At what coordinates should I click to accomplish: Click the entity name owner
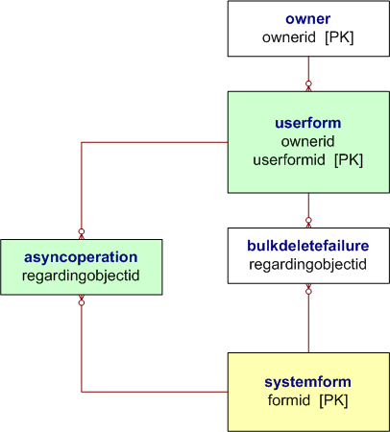coord(308,18)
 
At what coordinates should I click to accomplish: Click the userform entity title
coord(308,124)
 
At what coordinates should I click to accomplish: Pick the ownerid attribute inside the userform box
coord(308,142)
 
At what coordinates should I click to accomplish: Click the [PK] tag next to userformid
coord(347,160)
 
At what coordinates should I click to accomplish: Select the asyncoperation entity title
coord(81,257)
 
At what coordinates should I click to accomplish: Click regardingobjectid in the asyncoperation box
coord(81,276)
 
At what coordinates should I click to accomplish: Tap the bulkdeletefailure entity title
coord(308,246)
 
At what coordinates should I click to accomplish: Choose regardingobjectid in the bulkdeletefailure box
coord(308,263)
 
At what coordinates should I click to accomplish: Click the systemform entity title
coord(308,381)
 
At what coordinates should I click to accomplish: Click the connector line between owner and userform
coord(308,70)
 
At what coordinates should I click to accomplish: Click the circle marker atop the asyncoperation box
coord(82,231)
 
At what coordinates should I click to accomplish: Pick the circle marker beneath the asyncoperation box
coord(82,301)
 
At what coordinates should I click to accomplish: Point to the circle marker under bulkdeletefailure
coord(308,290)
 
